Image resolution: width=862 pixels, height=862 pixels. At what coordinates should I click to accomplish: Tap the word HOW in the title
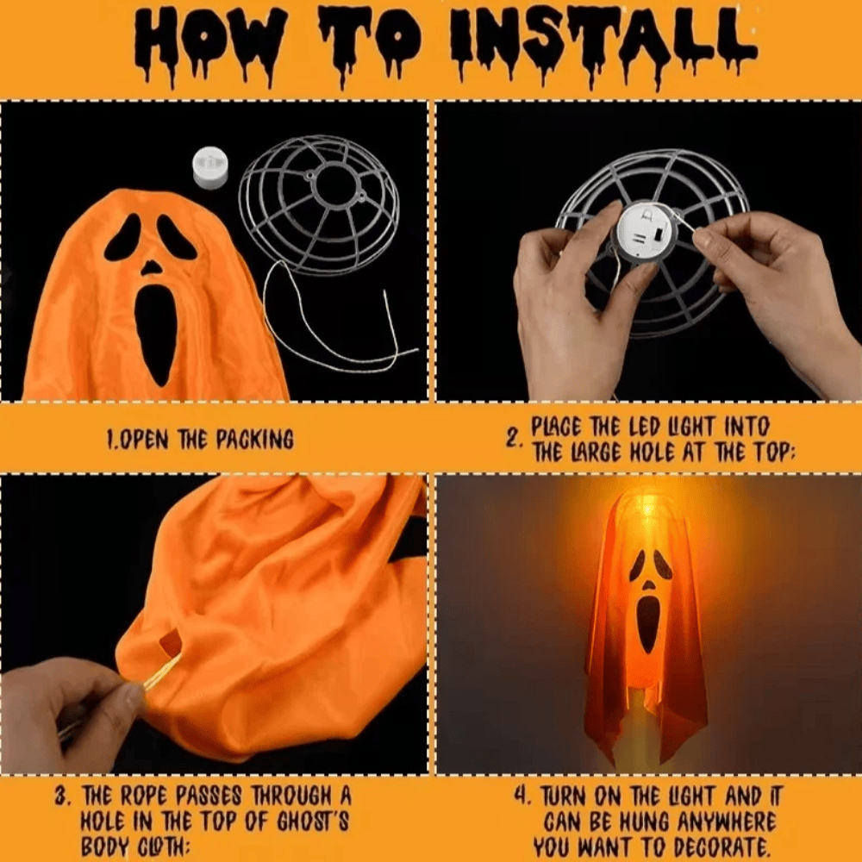click(x=211, y=39)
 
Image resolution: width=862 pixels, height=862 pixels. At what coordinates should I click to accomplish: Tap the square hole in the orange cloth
click(x=171, y=642)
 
